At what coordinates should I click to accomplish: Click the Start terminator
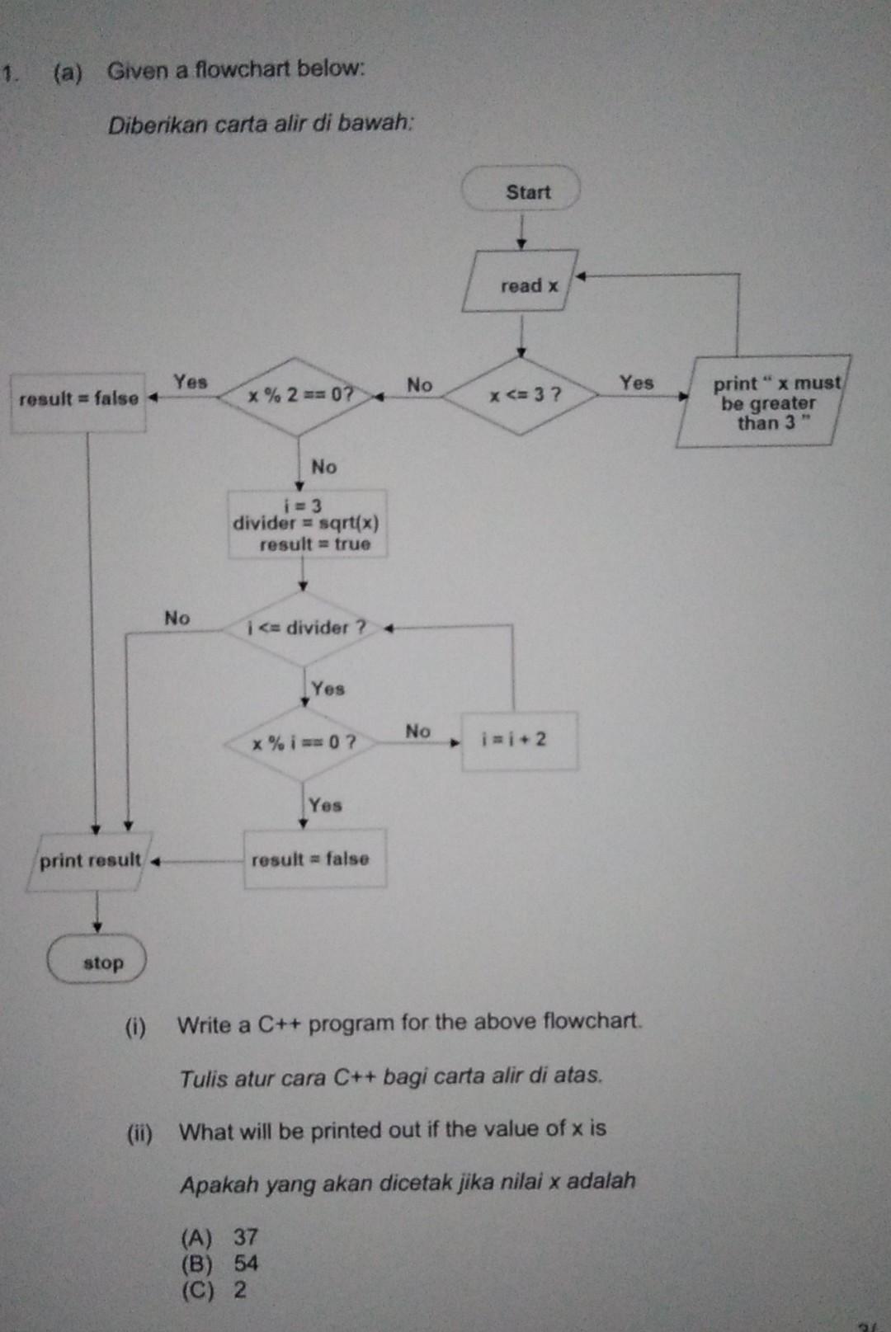tap(521, 191)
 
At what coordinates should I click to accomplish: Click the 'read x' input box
tap(520, 284)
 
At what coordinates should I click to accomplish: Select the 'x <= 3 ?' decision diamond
tap(521, 395)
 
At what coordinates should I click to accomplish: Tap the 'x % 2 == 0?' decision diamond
tap(299, 396)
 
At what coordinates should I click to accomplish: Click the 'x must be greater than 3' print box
tap(764, 403)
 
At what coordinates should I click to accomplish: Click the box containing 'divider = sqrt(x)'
tap(307, 525)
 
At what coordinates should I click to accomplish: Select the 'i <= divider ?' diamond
tap(304, 628)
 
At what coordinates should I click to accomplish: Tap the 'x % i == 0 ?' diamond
tap(303, 742)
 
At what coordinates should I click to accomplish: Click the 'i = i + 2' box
tap(518, 740)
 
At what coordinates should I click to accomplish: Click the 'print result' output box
tap(89, 861)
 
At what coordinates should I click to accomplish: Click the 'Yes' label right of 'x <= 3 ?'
tap(636, 383)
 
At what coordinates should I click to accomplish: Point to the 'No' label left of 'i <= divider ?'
tap(177, 618)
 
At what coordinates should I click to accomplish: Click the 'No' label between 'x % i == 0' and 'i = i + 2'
tap(417, 731)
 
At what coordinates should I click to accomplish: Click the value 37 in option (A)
tap(246, 1237)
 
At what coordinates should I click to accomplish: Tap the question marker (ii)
tap(139, 1133)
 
